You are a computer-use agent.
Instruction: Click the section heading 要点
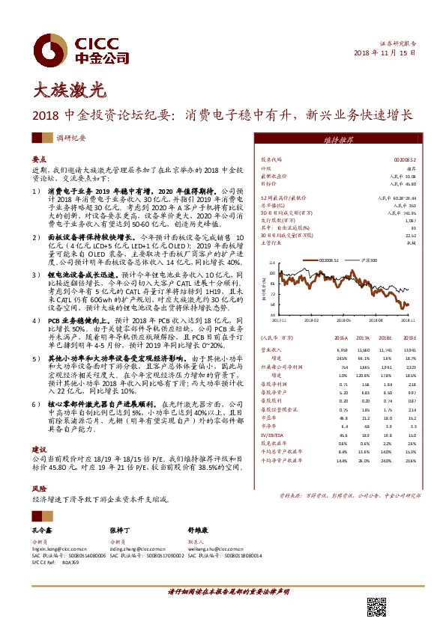[x=39, y=160]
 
